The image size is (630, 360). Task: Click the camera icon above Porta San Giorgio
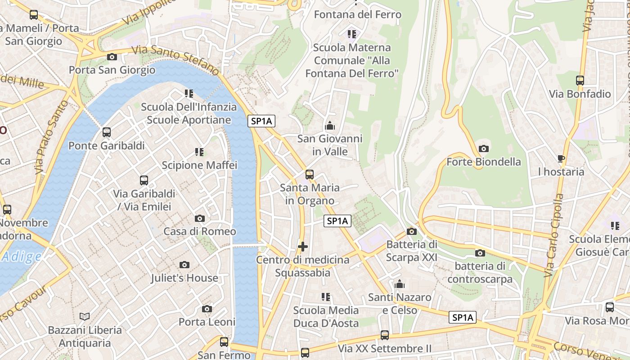pyautogui.click(x=112, y=57)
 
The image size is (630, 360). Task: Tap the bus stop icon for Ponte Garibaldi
pyautogui.click(x=107, y=132)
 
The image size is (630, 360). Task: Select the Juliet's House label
pyautogui.click(x=184, y=278)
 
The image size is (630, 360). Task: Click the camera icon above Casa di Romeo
pyautogui.click(x=200, y=219)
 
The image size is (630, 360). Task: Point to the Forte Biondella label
pyautogui.click(x=484, y=162)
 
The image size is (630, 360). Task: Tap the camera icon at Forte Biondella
pyautogui.click(x=484, y=148)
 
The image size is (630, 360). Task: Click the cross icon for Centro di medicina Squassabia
pyautogui.click(x=303, y=247)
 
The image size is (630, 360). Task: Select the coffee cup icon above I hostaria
pyautogui.click(x=561, y=158)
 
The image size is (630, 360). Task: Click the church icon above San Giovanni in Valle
pyautogui.click(x=330, y=126)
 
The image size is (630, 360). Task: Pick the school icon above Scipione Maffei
pyautogui.click(x=199, y=152)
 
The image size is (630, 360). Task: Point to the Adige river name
pyautogui.click(x=22, y=256)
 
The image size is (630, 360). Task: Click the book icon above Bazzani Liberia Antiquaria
pyautogui.click(x=85, y=316)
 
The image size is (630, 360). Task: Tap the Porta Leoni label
pyautogui.click(x=207, y=322)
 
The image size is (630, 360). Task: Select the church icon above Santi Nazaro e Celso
pyautogui.click(x=400, y=284)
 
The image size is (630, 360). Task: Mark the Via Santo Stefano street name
pyautogui.click(x=175, y=61)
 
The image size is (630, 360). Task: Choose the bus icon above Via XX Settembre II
pyautogui.click(x=385, y=335)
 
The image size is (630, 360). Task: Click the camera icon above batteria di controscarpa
pyautogui.click(x=480, y=253)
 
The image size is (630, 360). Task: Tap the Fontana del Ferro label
pyautogui.click(x=357, y=14)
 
